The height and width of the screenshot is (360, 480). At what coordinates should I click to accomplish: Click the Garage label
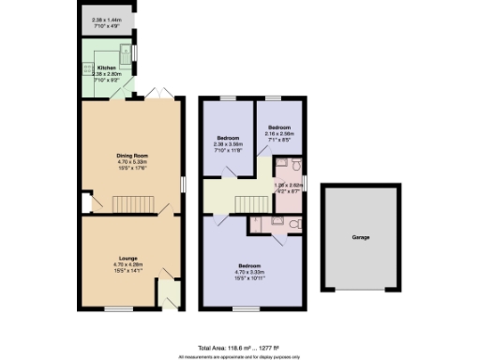coord(360,237)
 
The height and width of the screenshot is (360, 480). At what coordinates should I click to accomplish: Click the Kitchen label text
coord(105,67)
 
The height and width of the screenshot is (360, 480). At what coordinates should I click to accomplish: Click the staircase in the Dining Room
coord(131,204)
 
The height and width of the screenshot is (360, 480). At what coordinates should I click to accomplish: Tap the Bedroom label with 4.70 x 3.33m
coord(248,265)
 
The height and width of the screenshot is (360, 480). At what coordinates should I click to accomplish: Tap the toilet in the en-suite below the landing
coord(292,224)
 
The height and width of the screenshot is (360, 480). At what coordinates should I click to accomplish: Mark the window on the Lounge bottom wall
coord(117,309)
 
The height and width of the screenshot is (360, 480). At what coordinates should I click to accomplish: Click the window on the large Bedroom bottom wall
coord(246,309)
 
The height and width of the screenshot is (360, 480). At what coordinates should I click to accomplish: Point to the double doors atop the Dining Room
coord(160,95)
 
